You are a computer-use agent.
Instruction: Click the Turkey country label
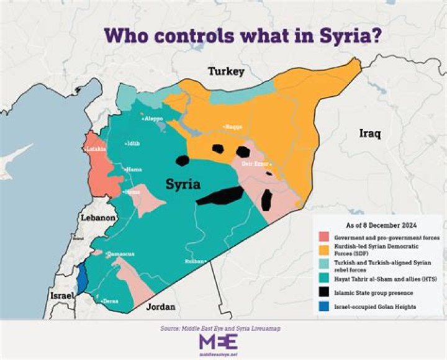point(227,72)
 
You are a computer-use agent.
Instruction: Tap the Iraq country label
point(371,133)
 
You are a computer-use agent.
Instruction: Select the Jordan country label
point(160,307)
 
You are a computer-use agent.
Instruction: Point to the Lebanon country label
point(98,218)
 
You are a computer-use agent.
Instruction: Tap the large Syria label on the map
point(183,185)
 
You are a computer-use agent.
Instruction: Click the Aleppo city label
point(154,118)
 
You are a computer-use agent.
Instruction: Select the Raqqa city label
point(233,127)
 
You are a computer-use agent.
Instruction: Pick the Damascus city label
point(122,254)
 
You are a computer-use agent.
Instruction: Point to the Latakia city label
point(96,150)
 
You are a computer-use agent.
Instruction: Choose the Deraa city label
point(111,300)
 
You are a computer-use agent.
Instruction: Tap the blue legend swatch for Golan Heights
point(323,306)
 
